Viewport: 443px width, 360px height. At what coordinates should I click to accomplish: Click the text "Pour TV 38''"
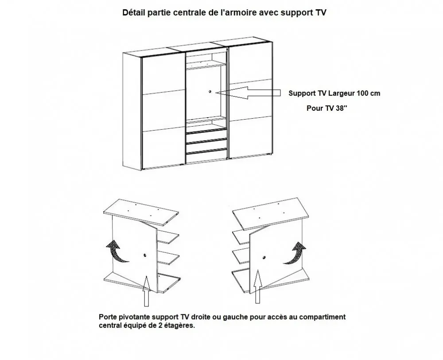(x=327, y=108)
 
